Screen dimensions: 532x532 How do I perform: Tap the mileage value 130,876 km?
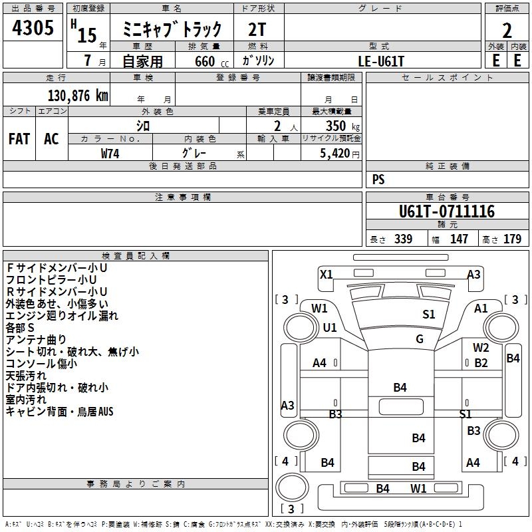(x=77, y=95)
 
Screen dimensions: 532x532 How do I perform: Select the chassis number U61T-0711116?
(x=447, y=212)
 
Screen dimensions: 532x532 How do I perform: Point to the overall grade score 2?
(x=507, y=30)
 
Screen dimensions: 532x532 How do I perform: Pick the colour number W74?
(x=110, y=153)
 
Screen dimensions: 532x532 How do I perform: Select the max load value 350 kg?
(x=342, y=126)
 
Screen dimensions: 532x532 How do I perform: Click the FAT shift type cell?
(x=19, y=138)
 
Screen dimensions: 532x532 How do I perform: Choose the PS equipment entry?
(x=378, y=180)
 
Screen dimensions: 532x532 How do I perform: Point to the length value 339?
(x=403, y=239)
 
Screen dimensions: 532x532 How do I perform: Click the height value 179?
(x=513, y=239)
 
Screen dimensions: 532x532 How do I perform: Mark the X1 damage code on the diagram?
(x=327, y=274)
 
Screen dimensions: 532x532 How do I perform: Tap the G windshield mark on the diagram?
(x=420, y=338)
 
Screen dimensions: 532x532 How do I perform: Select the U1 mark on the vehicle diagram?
(x=330, y=328)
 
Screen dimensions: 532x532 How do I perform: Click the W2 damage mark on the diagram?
(x=481, y=347)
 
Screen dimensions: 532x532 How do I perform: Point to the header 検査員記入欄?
(x=136, y=256)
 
